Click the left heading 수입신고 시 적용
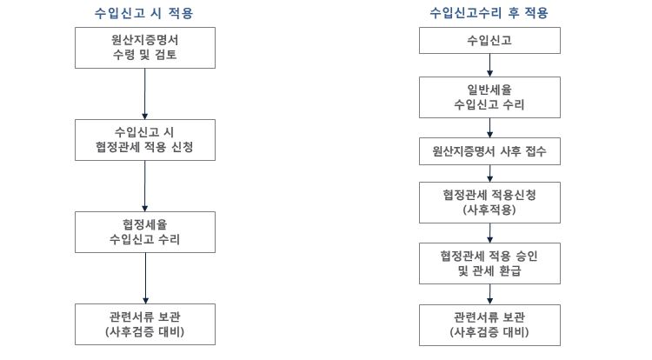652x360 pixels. [x=143, y=13]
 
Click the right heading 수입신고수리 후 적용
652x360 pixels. [x=489, y=13]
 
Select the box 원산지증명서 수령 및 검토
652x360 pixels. [x=145, y=48]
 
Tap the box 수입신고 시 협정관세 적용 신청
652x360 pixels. [x=145, y=140]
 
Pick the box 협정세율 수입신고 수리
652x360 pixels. [x=145, y=232]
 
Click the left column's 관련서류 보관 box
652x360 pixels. [x=145, y=324]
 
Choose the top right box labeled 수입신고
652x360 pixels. [x=489, y=40]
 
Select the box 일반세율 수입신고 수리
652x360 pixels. [x=489, y=97]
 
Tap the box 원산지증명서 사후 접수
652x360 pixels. [x=489, y=151]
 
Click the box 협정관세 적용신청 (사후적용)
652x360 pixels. [x=489, y=203]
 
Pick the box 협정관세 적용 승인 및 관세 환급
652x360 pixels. [x=489, y=263]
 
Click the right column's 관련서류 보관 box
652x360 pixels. [x=489, y=325]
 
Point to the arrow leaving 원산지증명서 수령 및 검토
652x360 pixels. [x=144, y=94]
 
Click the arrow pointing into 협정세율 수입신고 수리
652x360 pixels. [x=144, y=186]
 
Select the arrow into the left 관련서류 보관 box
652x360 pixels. [x=145, y=278]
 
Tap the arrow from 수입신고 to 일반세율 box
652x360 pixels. [x=489, y=65]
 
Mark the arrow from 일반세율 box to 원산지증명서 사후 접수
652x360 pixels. [x=489, y=128]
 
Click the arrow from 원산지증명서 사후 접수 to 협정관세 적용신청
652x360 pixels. [x=489, y=173]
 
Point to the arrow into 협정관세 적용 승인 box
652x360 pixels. [x=489, y=233]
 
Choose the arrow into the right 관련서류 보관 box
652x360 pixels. [x=489, y=294]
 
